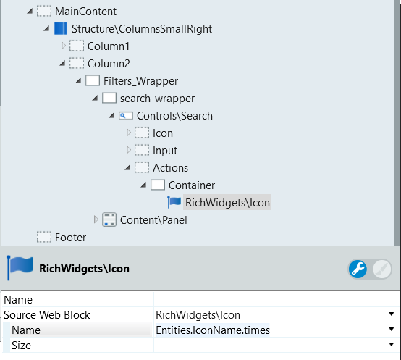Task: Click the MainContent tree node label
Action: click(x=85, y=12)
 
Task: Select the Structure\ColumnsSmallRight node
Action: click(x=142, y=29)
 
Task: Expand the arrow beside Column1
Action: click(x=64, y=46)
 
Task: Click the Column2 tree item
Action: click(x=109, y=64)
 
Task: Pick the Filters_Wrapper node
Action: click(x=140, y=81)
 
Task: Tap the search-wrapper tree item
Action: click(x=157, y=99)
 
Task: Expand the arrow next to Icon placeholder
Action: click(x=129, y=133)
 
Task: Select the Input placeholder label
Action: click(x=165, y=151)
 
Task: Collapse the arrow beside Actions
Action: click(x=127, y=168)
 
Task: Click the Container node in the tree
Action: click(x=192, y=185)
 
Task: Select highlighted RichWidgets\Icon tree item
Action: click(x=227, y=203)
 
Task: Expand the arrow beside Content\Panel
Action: click(x=96, y=219)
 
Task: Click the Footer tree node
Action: click(x=70, y=238)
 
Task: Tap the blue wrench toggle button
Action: click(x=358, y=269)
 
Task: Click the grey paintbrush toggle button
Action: click(x=382, y=269)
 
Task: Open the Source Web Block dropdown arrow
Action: click(x=392, y=314)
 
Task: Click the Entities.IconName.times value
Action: click(x=213, y=330)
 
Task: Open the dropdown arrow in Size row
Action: click(x=392, y=344)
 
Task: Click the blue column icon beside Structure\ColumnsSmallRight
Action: click(x=61, y=28)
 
